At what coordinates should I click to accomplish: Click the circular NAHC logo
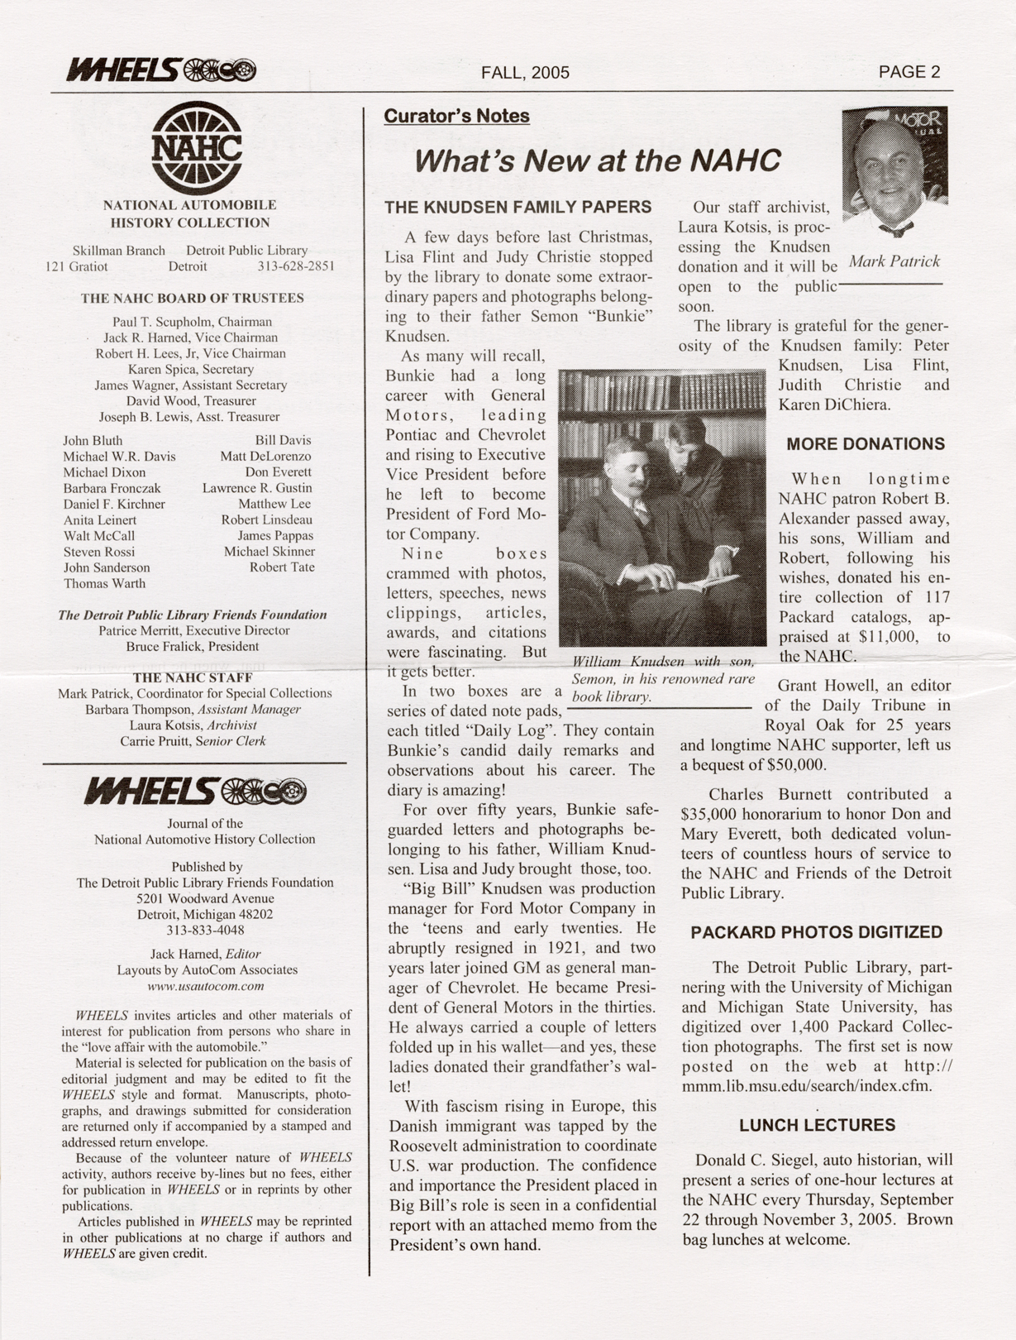pos(197,148)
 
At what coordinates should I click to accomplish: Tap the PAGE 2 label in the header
pos(909,72)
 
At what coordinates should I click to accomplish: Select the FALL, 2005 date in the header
pos(525,73)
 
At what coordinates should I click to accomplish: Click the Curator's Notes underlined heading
pos(456,117)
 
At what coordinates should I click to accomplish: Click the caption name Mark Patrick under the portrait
pos(894,261)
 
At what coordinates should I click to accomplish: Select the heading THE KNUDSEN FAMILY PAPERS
pos(518,207)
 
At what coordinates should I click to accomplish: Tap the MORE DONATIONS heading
pos(865,444)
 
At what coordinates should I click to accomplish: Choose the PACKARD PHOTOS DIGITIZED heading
pos(816,932)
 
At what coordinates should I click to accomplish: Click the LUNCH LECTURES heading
pos(817,1125)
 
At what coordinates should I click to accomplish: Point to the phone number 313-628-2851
pos(296,266)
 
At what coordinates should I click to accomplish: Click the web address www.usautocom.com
pos(205,986)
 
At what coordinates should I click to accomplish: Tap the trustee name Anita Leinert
pos(100,520)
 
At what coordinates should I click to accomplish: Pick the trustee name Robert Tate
pos(282,567)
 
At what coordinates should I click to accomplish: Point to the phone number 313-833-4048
pos(205,930)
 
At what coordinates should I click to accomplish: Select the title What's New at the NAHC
pos(597,160)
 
